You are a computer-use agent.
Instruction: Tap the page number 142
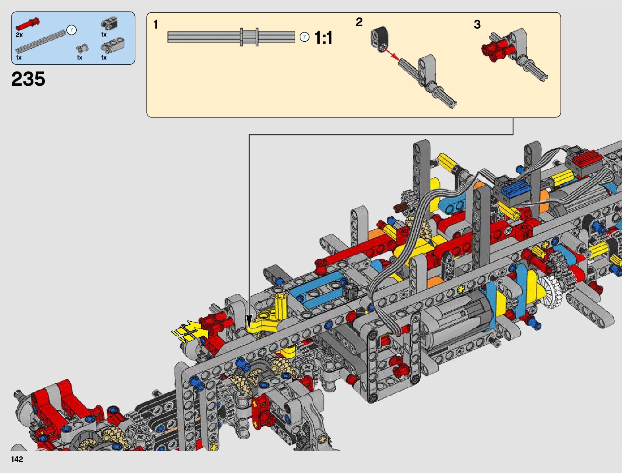(17, 459)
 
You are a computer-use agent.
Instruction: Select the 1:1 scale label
(324, 38)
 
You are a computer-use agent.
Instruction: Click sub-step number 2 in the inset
(359, 22)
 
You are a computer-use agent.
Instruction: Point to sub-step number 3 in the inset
(477, 25)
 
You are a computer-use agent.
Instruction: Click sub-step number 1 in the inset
(155, 25)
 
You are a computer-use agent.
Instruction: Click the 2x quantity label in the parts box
(19, 35)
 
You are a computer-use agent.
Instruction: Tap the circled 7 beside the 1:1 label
(304, 37)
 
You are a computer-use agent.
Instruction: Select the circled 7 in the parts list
(72, 30)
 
